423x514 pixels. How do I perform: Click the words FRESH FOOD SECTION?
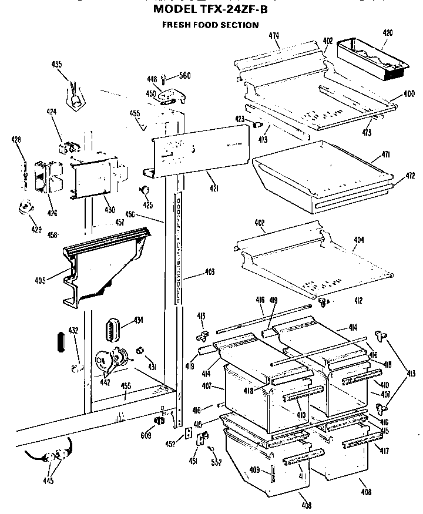click(210, 25)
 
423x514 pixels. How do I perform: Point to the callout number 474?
click(274, 36)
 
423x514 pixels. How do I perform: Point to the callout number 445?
click(48, 481)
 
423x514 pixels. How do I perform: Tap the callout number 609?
click(146, 435)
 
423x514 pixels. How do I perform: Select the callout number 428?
click(16, 139)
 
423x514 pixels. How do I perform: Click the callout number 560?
click(185, 75)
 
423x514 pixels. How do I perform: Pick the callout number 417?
click(384, 451)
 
